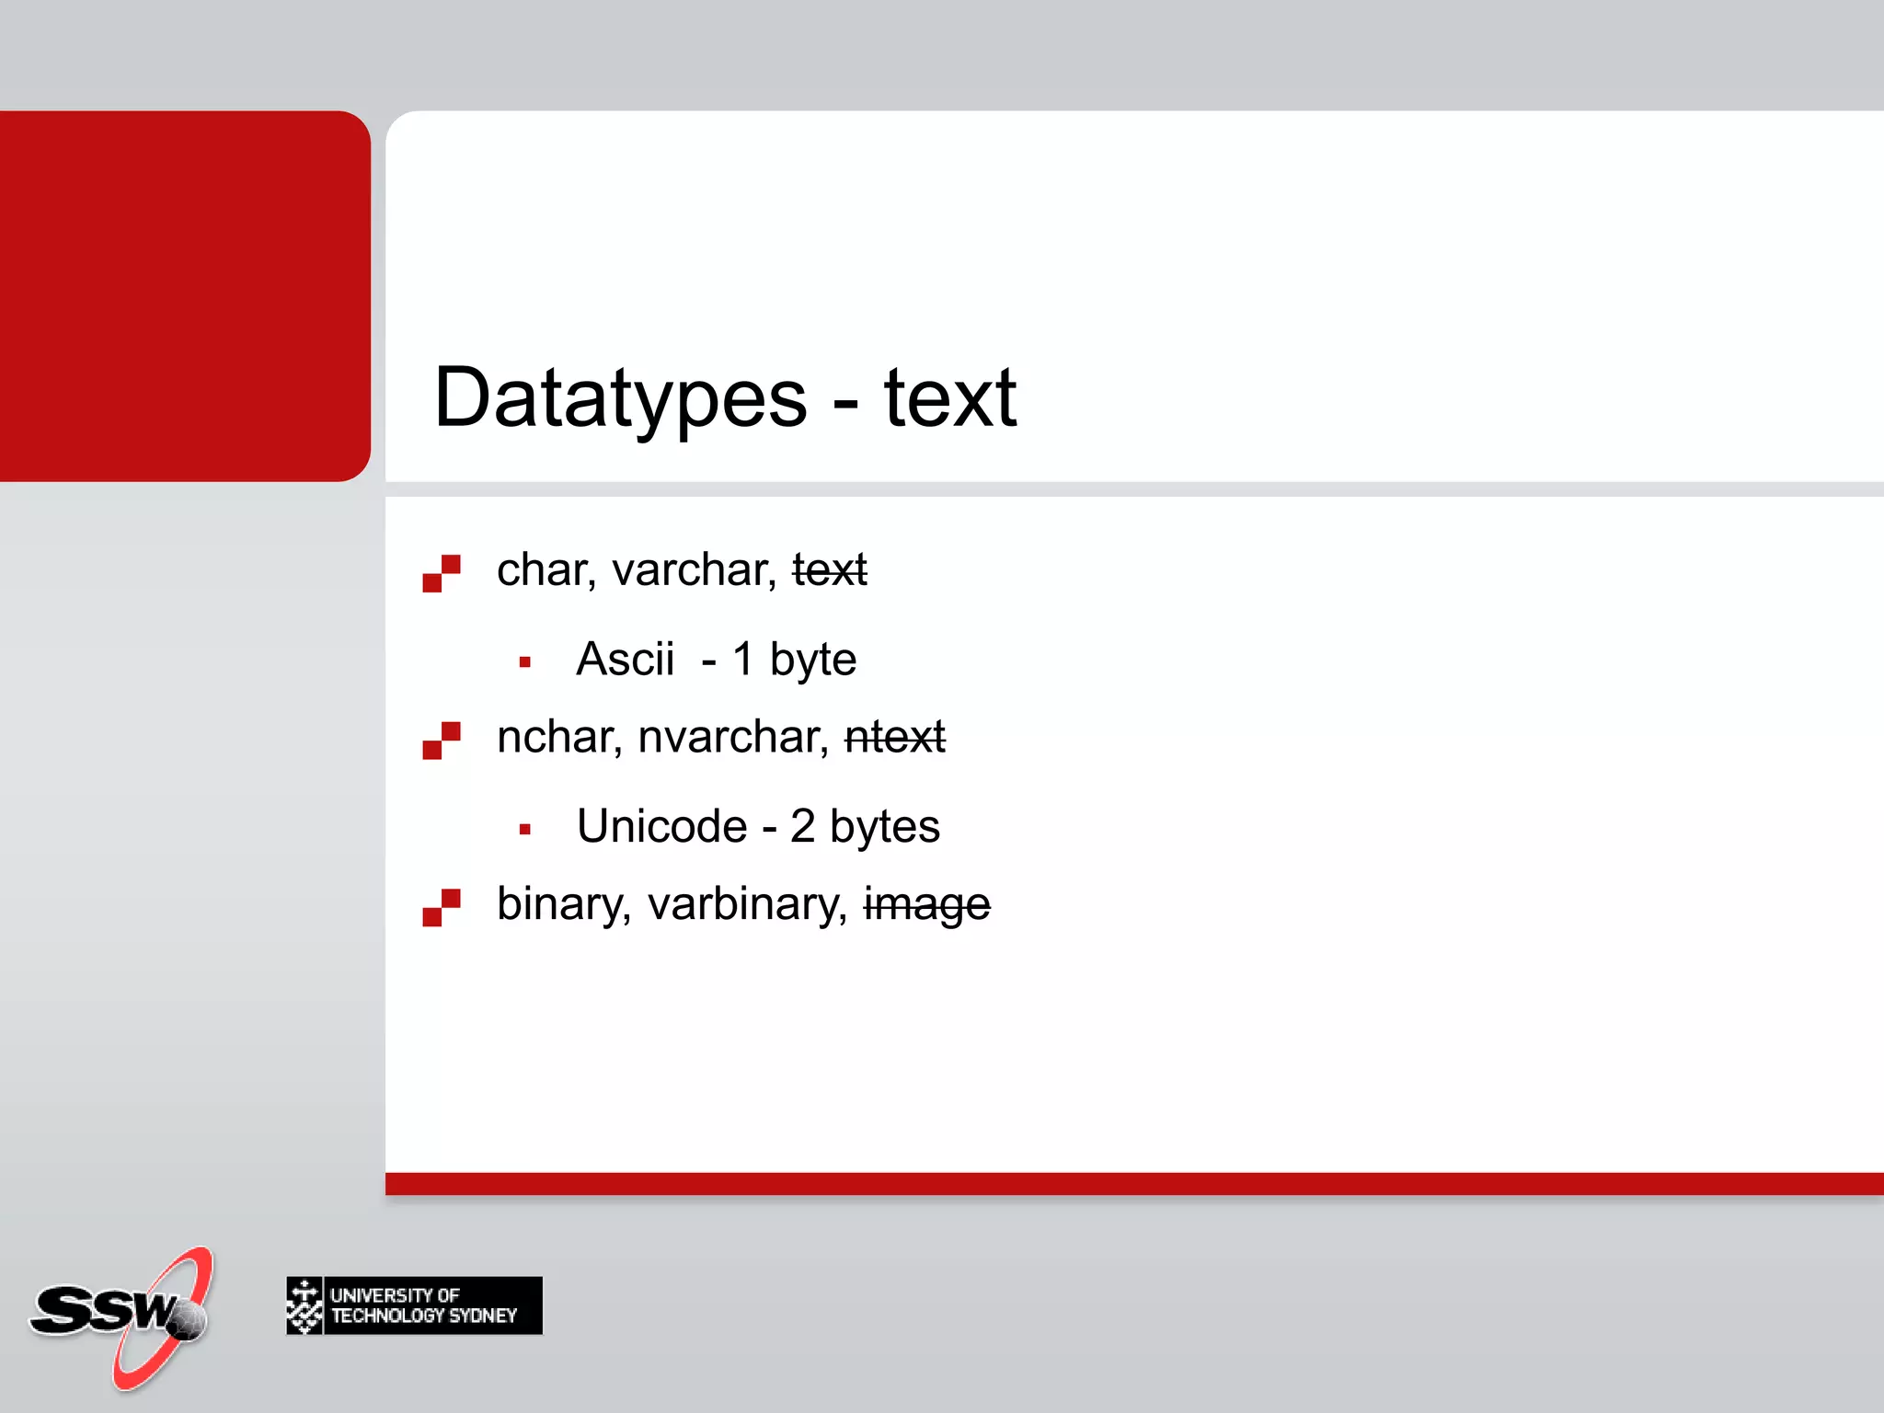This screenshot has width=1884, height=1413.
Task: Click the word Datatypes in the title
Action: (620, 398)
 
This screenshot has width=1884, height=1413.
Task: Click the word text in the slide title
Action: (950, 398)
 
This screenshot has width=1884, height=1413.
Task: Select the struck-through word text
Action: (830, 569)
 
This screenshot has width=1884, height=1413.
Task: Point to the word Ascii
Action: (625, 659)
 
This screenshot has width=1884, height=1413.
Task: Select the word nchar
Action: (559, 737)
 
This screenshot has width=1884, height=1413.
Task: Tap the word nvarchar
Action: (733, 737)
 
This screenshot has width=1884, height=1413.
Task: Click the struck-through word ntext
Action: (894, 737)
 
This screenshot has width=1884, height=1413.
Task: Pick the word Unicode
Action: (661, 826)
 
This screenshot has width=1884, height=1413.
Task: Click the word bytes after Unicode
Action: (884, 826)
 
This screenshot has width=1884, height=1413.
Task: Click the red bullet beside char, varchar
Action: (442, 573)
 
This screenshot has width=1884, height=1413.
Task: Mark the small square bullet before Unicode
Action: (525, 829)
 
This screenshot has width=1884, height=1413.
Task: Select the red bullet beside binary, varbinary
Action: (442, 907)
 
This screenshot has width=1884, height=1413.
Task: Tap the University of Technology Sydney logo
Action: (414, 1305)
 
